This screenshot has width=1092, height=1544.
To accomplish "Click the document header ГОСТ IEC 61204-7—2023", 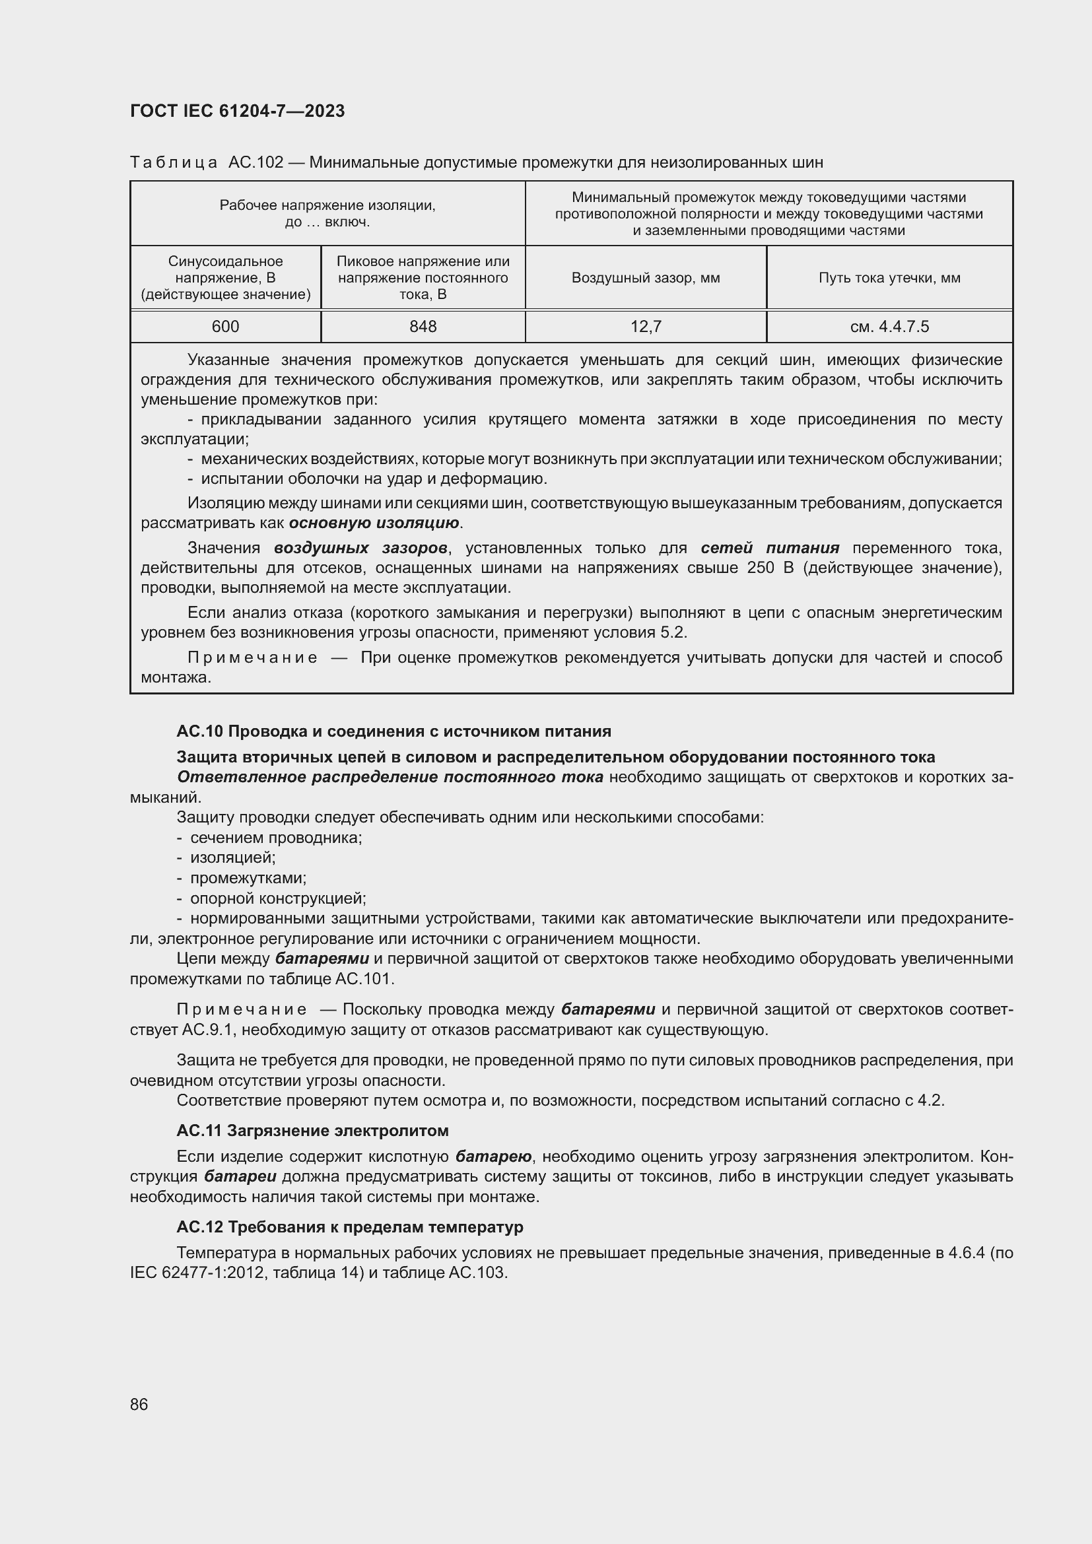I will pyautogui.click(x=237, y=111).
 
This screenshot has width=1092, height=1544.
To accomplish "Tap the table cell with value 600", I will pyautogui.click(x=225, y=327).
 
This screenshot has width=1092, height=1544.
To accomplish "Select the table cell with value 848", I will pyautogui.click(x=423, y=327).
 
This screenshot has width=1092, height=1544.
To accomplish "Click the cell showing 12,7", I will pyautogui.click(x=646, y=327).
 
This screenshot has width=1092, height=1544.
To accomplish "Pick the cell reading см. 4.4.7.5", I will pyautogui.click(x=889, y=327).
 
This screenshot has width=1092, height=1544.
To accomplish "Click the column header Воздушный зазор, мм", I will pyautogui.click(x=646, y=278).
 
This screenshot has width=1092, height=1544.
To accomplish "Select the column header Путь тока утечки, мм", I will pyautogui.click(x=889, y=278).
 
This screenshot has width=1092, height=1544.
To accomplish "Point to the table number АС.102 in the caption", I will pyautogui.click(x=256, y=162).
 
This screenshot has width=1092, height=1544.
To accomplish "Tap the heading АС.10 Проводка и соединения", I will pyautogui.click(x=393, y=731).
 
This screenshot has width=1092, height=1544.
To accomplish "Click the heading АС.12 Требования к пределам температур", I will pyautogui.click(x=350, y=1226).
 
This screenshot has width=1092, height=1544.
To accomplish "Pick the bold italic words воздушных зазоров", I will pyautogui.click(x=360, y=548).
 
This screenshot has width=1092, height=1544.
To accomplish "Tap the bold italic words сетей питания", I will pyautogui.click(x=770, y=548).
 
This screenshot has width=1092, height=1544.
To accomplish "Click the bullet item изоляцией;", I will pyautogui.click(x=232, y=857).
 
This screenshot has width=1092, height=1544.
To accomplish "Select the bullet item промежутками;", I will pyautogui.click(x=248, y=877).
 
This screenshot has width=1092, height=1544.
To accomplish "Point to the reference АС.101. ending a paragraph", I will pyautogui.click(x=364, y=978).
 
